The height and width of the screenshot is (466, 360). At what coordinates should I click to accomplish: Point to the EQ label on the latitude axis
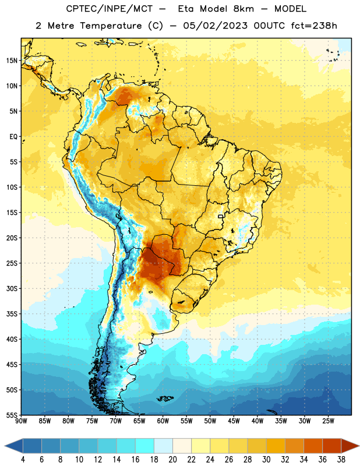13,137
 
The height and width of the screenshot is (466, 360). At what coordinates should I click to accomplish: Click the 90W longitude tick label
21,421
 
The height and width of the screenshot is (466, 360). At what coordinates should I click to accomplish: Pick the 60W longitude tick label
163,421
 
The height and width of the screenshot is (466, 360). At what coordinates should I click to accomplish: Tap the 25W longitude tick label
329,421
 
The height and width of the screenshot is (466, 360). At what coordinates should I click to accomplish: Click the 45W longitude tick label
234,421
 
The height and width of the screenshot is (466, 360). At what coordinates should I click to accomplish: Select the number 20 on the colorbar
172,460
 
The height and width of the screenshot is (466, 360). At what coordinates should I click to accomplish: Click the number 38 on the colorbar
341,460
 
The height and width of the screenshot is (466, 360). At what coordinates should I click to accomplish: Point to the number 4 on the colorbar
23,460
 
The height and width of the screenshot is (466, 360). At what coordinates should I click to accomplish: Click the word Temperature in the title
111,26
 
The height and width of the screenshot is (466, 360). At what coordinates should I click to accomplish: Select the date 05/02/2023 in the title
215,26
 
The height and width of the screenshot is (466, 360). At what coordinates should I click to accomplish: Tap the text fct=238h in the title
314,26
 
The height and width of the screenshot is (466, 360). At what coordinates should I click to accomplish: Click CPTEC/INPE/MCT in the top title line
110,9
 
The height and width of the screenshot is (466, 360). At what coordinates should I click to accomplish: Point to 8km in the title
243,9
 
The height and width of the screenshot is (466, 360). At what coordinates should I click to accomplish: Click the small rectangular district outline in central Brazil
221,216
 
